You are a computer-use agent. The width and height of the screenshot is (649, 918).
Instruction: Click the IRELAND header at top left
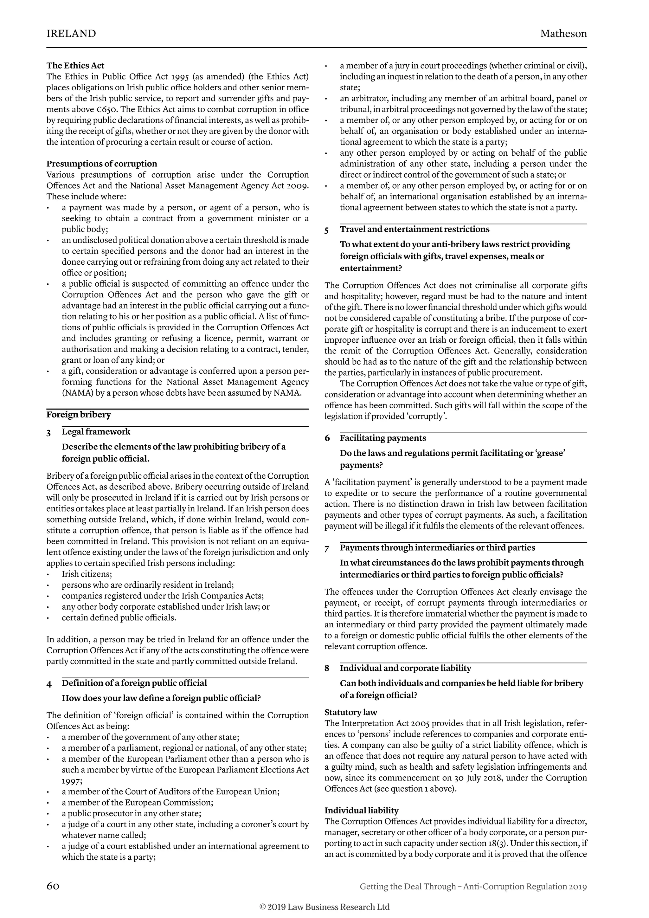pos(71,34)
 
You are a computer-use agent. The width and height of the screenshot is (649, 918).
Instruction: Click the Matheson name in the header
pos(563,34)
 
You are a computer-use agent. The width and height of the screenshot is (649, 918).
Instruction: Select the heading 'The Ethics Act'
pos(75,66)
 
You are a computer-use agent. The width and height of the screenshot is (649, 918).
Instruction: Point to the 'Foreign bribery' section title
pos(78,415)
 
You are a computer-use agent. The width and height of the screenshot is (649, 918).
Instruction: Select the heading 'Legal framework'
pos(96,432)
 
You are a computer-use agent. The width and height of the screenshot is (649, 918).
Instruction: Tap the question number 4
pos(49,684)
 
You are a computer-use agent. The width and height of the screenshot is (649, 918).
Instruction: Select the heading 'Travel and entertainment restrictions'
pos(414,229)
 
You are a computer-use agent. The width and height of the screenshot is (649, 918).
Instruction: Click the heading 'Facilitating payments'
pos(383,438)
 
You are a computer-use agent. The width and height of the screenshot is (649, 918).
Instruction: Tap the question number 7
pos(327,549)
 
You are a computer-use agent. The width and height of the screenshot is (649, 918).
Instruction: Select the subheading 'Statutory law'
pos(350,712)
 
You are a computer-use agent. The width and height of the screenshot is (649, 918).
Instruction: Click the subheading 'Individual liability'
pos(361,811)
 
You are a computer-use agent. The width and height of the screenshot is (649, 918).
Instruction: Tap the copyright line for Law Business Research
pos(324,906)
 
